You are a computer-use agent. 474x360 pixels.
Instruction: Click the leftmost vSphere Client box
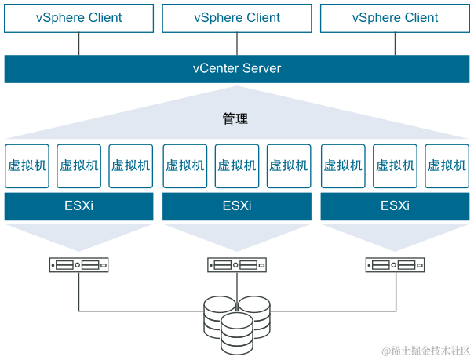pyautogui.click(x=79, y=17)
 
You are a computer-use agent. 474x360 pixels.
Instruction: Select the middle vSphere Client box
pyautogui.click(x=237, y=17)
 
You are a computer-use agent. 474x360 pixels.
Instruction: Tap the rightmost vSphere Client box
pyautogui.click(x=395, y=17)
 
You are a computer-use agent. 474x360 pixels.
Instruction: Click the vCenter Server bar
pyautogui.click(x=237, y=68)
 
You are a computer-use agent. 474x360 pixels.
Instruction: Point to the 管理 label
pyautogui.click(x=235, y=119)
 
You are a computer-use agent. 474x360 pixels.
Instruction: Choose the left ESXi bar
pyautogui.click(x=79, y=207)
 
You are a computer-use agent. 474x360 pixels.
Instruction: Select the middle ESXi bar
pyautogui.click(x=237, y=207)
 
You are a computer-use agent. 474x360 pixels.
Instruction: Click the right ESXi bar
pyautogui.click(x=395, y=207)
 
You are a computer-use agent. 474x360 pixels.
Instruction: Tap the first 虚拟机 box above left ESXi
pyautogui.click(x=27, y=165)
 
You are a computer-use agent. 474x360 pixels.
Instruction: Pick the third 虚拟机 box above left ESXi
pyautogui.click(x=131, y=165)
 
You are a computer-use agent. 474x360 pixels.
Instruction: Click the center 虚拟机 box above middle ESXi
pyautogui.click(x=237, y=165)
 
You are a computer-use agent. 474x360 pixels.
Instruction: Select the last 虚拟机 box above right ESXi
pyautogui.click(x=447, y=165)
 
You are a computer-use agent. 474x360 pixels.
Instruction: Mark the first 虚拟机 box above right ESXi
pyautogui.click(x=342, y=165)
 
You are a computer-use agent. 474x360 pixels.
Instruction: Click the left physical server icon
pyautogui.click(x=79, y=265)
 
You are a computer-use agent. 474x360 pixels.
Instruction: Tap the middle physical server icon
pyautogui.click(x=237, y=265)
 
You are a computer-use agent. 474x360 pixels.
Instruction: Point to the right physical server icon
pyautogui.click(x=395, y=265)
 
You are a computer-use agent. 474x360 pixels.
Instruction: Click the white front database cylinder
pyautogui.click(x=237, y=333)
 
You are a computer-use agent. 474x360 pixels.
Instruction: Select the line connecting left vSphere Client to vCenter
pyautogui.click(x=79, y=44)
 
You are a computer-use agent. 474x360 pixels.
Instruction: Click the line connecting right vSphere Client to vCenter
pyautogui.click(x=395, y=44)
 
